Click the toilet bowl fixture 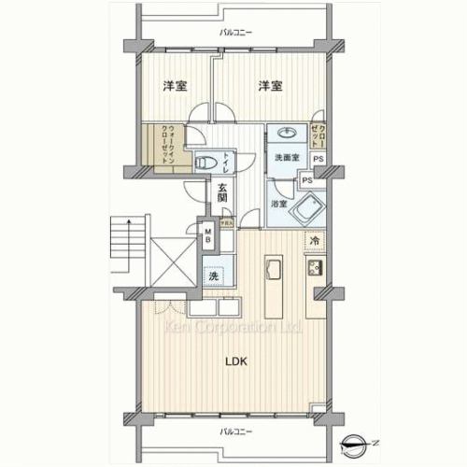point(202,163)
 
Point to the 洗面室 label point(286,157)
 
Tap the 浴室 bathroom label point(278,202)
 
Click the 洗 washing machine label point(214,276)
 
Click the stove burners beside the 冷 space point(313,270)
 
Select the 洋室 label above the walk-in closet point(174,86)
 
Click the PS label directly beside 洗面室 point(318,158)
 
